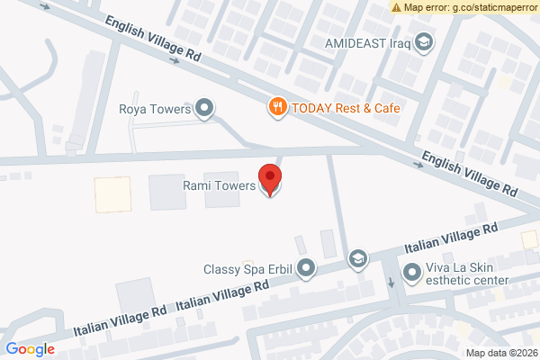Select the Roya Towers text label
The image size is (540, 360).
(x=156, y=110)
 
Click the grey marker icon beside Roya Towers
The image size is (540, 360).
(x=204, y=109)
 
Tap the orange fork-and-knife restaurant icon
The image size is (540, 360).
(x=278, y=107)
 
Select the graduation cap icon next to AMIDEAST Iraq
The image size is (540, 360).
(x=422, y=41)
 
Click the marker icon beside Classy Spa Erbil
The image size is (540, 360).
(x=307, y=268)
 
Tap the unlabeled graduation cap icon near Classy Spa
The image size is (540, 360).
(x=358, y=259)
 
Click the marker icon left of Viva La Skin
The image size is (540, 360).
(x=411, y=270)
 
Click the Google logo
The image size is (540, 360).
(x=30, y=349)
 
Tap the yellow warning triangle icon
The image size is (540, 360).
(x=397, y=7)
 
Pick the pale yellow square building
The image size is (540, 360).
(x=112, y=194)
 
